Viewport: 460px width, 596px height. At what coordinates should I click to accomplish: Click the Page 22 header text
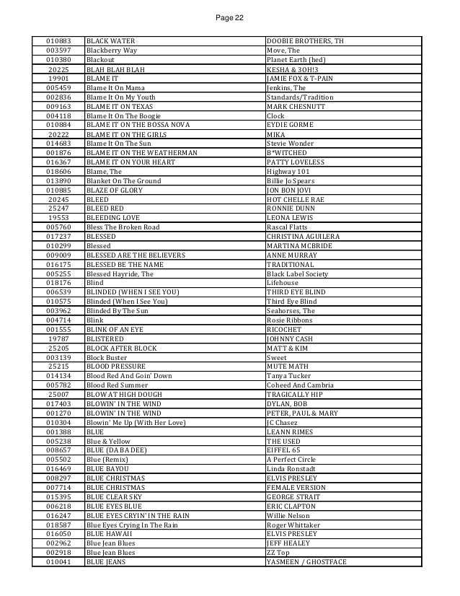pos(229,8)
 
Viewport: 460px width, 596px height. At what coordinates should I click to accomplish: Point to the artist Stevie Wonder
pos(291,144)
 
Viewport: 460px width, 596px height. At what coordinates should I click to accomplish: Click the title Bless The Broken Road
pos(123,227)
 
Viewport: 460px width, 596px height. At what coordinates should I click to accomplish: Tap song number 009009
pos(58,255)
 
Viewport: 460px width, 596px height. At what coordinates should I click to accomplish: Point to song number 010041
pos(58,582)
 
